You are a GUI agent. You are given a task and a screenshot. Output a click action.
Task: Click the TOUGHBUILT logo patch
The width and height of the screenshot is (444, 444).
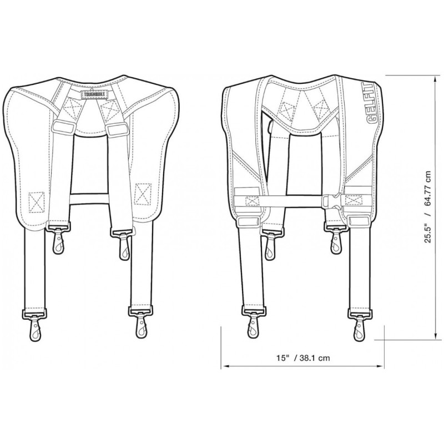click(96, 94)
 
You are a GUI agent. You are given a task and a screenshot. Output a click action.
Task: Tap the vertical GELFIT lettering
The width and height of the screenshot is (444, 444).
click(369, 104)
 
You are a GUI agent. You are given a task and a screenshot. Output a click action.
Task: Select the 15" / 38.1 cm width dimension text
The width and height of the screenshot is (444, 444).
click(303, 358)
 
